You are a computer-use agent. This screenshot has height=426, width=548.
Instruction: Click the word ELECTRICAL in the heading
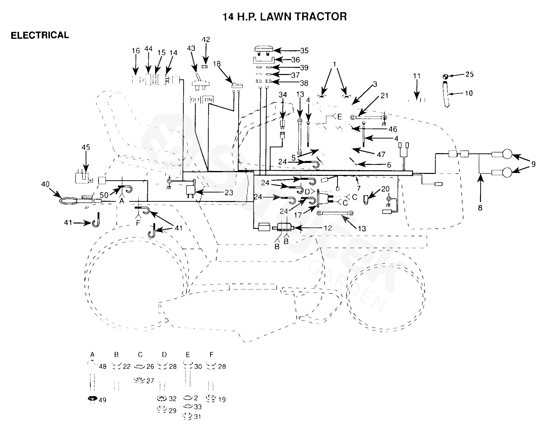click(x=40, y=35)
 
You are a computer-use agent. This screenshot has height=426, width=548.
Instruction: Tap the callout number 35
click(x=304, y=51)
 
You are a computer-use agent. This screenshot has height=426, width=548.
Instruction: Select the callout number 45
click(x=86, y=147)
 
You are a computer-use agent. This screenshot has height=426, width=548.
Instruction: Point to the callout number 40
click(x=46, y=184)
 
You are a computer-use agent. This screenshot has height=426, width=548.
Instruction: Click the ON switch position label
click(x=208, y=100)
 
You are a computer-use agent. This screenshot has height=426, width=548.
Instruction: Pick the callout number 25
click(x=469, y=75)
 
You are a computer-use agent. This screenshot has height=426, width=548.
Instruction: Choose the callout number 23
click(x=229, y=193)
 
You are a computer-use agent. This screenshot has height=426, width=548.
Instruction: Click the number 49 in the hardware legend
click(x=102, y=400)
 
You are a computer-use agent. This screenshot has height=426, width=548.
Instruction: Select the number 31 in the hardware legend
click(x=197, y=417)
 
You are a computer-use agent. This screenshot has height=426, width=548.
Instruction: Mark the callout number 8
click(x=480, y=208)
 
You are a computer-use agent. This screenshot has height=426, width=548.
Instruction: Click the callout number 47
click(x=381, y=155)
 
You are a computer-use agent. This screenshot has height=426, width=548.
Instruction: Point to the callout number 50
click(x=104, y=195)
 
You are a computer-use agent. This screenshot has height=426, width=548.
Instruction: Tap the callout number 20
click(x=385, y=189)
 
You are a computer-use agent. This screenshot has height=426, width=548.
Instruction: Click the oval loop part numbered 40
click(x=68, y=201)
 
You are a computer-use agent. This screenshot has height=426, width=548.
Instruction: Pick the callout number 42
click(x=206, y=40)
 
